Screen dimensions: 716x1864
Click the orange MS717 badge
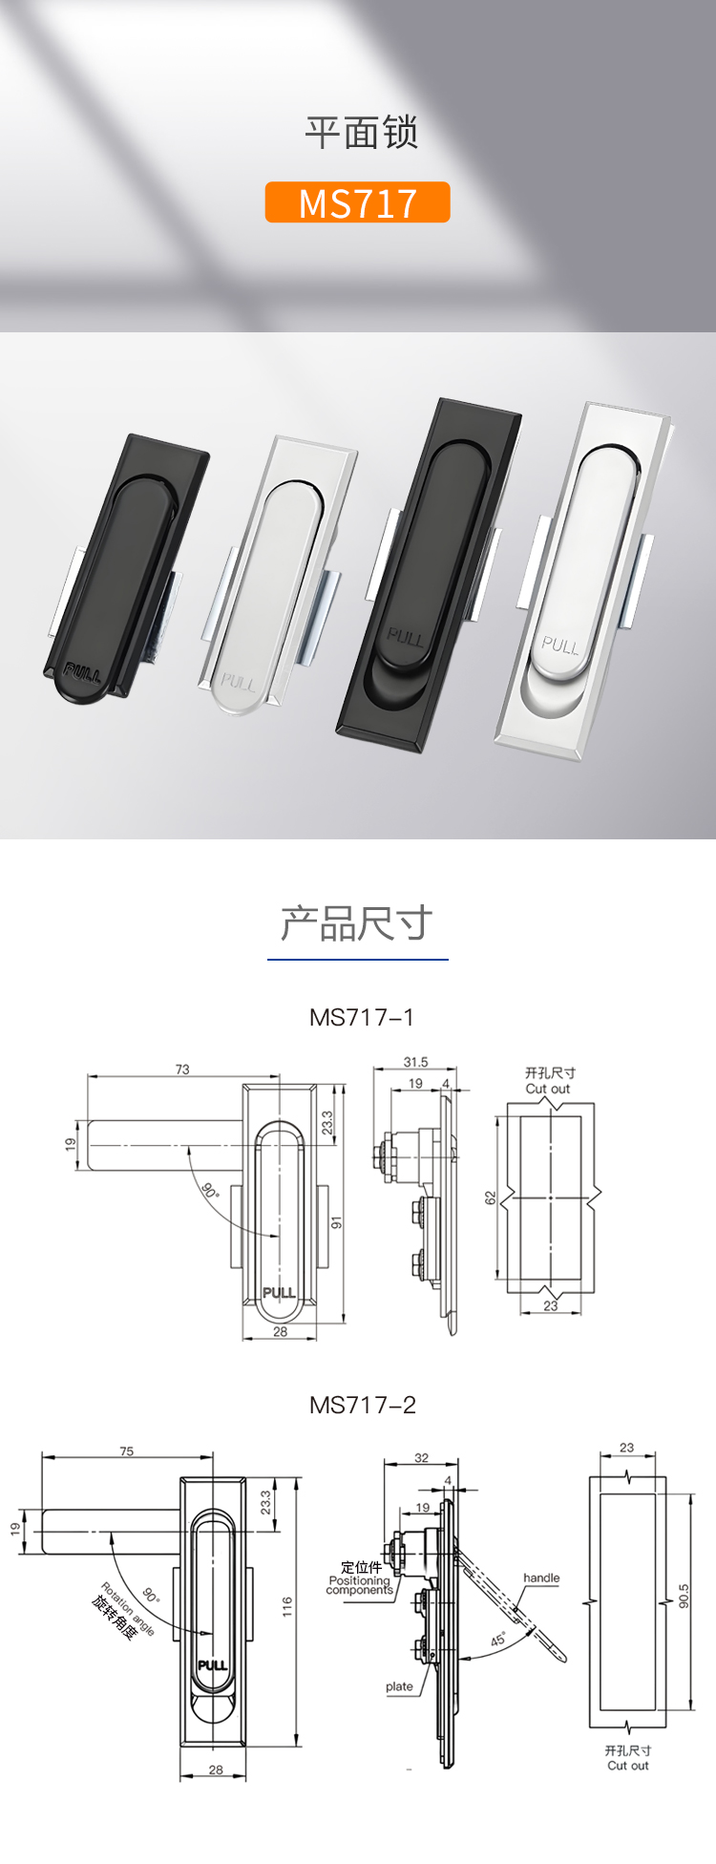357,202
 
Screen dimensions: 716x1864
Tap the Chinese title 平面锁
362,133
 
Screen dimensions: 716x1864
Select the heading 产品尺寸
357,923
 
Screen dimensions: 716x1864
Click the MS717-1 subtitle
362,1017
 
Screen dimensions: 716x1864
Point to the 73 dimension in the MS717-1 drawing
182,1070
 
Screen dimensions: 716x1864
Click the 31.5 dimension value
415,1062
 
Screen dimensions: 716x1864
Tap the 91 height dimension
336,1223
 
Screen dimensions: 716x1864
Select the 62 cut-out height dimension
491,1197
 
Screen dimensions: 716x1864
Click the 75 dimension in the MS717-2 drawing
127,1451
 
